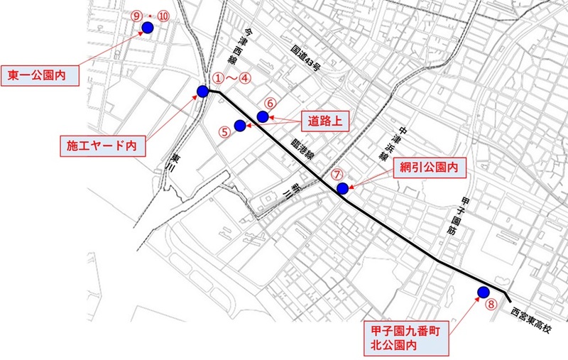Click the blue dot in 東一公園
[148, 28]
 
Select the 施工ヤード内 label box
[101, 146]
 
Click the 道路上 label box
[324, 121]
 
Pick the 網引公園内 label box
[428, 169]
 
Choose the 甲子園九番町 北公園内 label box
[407, 337]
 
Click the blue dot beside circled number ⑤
[239, 126]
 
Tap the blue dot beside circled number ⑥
[262, 116]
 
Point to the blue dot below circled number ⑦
[342, 188]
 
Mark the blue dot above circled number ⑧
[484, 291]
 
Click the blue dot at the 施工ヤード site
[202, 91]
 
